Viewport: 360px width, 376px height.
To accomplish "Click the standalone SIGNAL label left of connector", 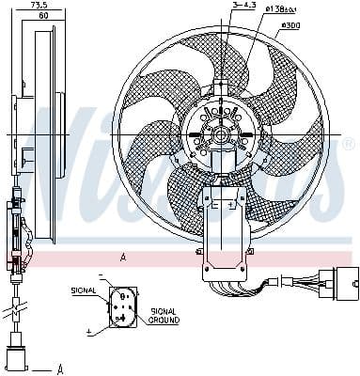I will tap(84, 291).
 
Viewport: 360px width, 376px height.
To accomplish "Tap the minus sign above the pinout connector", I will tap(100, 275).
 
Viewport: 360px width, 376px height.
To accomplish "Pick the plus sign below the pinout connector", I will tap(88, 332).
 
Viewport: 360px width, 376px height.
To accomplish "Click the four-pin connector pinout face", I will tap(119, 305).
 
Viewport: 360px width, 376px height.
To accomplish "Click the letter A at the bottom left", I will tap(59, 368).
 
